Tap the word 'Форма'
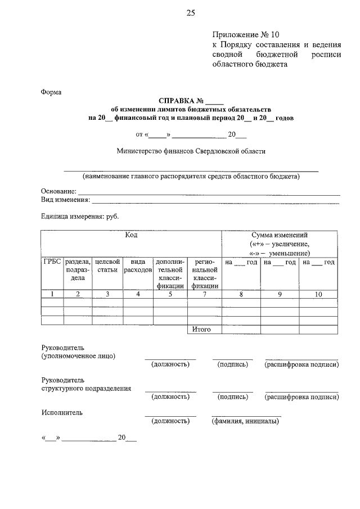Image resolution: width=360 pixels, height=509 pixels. [x=51, y=92]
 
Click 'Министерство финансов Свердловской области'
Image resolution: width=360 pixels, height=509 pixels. [x=191, y=151]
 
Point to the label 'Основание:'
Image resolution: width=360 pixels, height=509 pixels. [x=58, y=191]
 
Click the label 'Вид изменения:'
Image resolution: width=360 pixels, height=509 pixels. [x=65, y=200]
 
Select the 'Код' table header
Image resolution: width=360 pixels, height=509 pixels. [x=131, y=236]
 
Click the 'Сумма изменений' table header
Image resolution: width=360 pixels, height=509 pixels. [x=280, y=235]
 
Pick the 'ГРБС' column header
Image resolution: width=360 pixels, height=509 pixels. [x=52, y=262]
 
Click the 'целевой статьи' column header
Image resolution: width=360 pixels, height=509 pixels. [x=107, y=265]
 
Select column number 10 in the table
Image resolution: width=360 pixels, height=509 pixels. [x=318, y=294]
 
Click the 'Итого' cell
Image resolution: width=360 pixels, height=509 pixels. [x=201, y=329]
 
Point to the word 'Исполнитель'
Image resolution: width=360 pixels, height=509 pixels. [x=62, y=412]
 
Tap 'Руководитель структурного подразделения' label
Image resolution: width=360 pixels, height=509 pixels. [x=86, y=384]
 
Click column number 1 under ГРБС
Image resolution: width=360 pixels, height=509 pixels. [x=52, y=294]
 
